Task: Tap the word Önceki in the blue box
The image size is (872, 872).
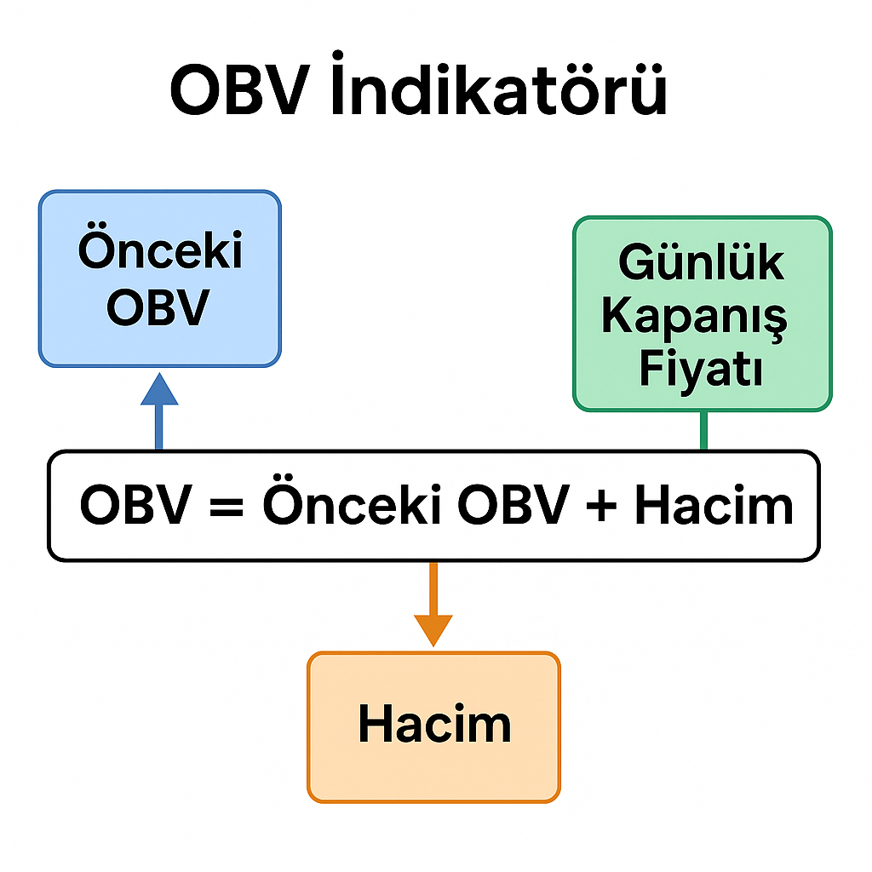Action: click(x=160, y=248)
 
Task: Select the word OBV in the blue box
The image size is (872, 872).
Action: click(x=158, y=307)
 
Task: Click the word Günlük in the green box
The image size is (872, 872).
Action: click(x=702, y=261)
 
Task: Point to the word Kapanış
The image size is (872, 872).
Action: click(x=694, y=317)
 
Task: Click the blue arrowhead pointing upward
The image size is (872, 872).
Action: click(x=159, y=388)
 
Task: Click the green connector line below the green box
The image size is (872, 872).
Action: click(x=703, y=430)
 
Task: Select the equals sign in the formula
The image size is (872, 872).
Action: click(x=227, y=507)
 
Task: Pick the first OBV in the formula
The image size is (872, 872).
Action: click(x=136, y=504)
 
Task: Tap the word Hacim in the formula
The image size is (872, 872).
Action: click(x=714, y=504)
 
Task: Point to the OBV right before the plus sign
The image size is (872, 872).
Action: click(x=513, y=504)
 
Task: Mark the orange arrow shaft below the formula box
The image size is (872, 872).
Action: click(x=433, y=589)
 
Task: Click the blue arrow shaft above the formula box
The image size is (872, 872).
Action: click(x=159, y=427)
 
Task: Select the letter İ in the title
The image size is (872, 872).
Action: click(x=337, y=83)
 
